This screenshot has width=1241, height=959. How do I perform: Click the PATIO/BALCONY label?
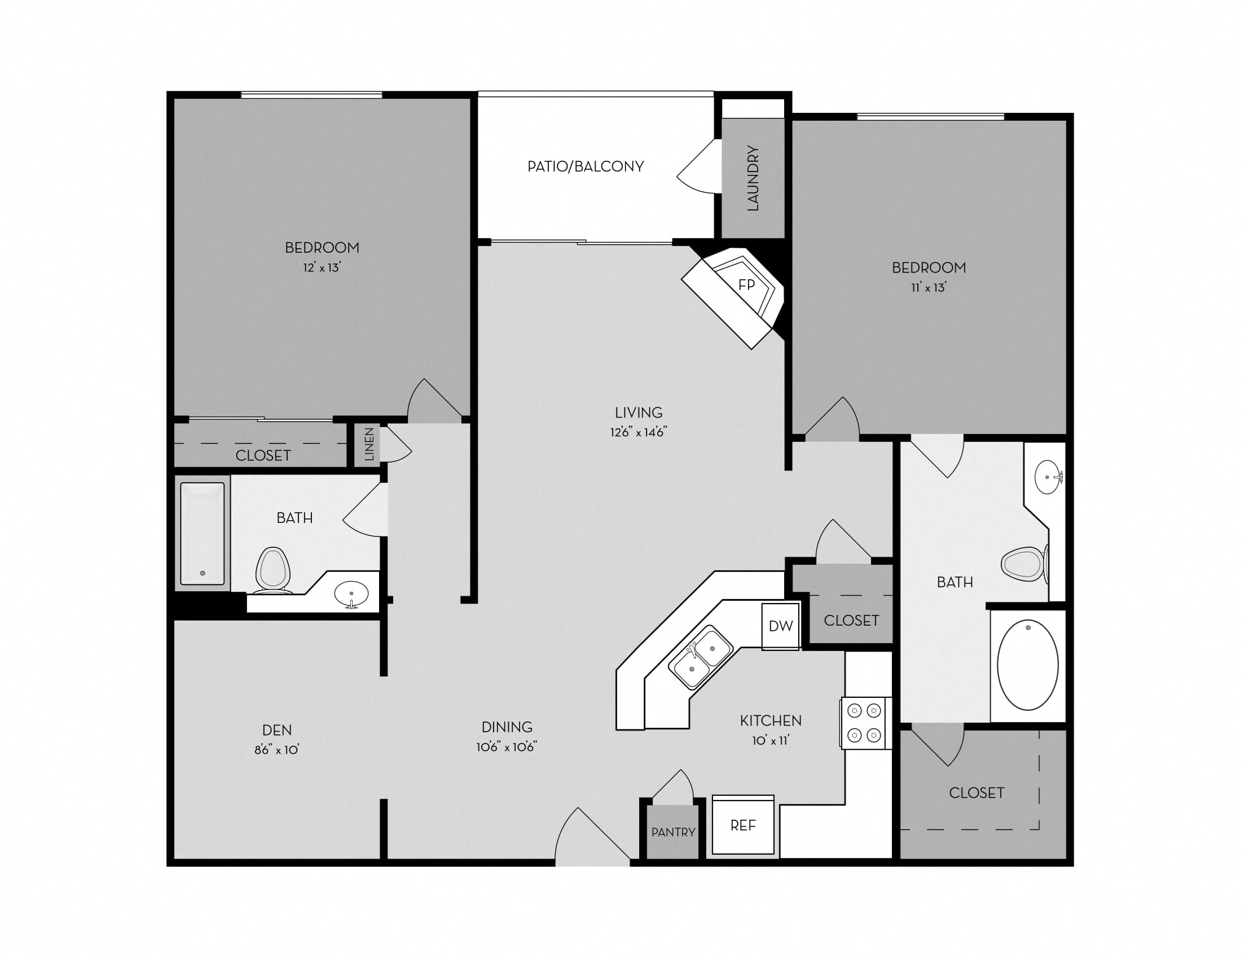tap(586, 166)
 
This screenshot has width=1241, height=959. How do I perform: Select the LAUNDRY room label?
tap(753, 178)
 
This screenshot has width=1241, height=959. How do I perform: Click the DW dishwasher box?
tap(780, 626)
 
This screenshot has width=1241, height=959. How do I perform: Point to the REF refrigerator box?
tap(743, 825)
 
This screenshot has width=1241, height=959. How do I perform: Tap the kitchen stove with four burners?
tap(864, 723)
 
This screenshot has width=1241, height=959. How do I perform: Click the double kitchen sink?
tap(700, 658)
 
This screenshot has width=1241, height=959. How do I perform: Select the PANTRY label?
tap(673, 832)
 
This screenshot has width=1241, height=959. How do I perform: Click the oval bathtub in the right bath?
tap(1027, 665)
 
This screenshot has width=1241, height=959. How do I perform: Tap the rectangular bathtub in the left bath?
tap(203, 533)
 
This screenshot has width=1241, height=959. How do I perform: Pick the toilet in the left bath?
tap(273, 570)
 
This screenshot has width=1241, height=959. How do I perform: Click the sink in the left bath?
tap(351, 594)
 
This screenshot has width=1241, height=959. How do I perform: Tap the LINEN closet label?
tap(369, 444)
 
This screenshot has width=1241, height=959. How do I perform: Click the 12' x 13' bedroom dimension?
tap(322, 267)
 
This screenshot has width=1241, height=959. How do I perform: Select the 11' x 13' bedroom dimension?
tap(928, 288)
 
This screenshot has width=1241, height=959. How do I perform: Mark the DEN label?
tap(277, 730)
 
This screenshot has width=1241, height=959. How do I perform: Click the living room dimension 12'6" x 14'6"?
tap(638, 432)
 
